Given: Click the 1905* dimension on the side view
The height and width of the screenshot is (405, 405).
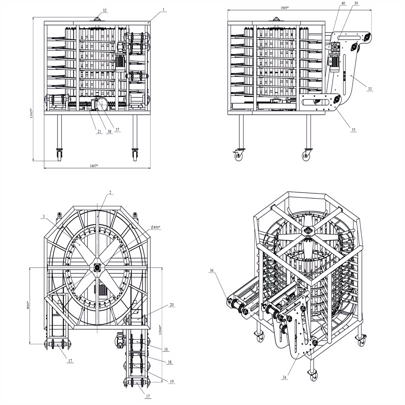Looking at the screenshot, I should (285, 8).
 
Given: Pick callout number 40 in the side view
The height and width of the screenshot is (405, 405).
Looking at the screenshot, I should (343, 3).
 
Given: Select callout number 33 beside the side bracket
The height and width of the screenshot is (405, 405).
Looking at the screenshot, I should (369, 89).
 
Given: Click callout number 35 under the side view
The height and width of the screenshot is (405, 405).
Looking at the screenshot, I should (354, 130).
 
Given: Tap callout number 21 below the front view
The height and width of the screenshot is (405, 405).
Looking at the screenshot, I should (99, 132).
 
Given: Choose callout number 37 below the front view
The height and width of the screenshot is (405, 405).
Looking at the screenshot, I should (117, 130).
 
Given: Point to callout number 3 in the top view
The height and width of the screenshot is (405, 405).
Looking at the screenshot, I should (43, 217).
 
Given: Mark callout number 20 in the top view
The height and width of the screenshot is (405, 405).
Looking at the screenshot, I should (172, 305).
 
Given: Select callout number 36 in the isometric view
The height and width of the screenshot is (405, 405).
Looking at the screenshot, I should (211, 270).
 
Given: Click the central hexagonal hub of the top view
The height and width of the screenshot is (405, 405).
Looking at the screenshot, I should (98, 266).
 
